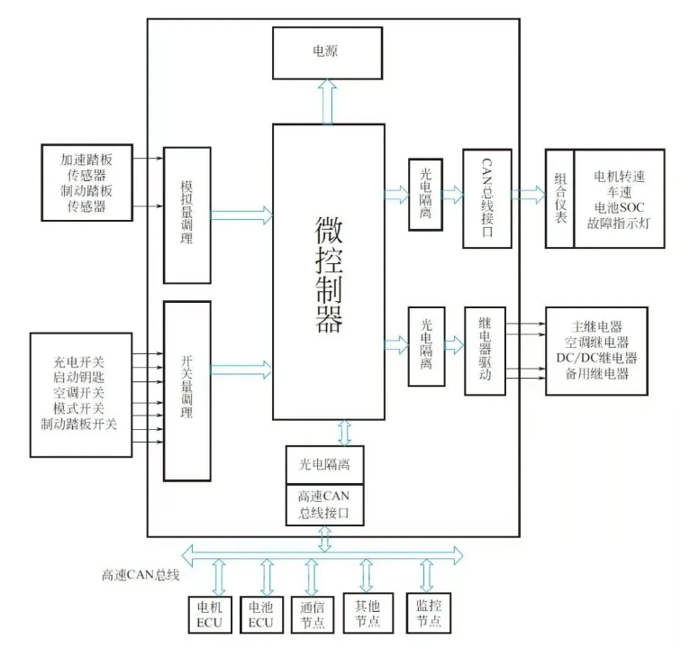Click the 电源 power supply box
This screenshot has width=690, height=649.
coord(327,52)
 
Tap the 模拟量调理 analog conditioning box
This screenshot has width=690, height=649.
coord(186,215)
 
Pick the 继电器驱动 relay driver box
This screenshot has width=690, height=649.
coord(485,351)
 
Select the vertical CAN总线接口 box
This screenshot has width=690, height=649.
coord(486,198)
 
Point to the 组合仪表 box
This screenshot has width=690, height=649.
coord(559,199)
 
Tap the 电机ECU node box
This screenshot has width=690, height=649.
coord(210,614)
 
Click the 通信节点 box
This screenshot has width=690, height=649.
coord(312,614)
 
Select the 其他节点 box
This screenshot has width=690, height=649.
coord(366,614)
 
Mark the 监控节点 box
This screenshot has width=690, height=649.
coord(428,614)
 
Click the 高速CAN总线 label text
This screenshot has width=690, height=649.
coord(141,574)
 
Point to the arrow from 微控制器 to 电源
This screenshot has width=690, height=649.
coord(327,101)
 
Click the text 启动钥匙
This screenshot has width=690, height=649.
coord(79,378)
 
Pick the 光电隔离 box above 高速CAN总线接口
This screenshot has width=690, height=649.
coord(325,464)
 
